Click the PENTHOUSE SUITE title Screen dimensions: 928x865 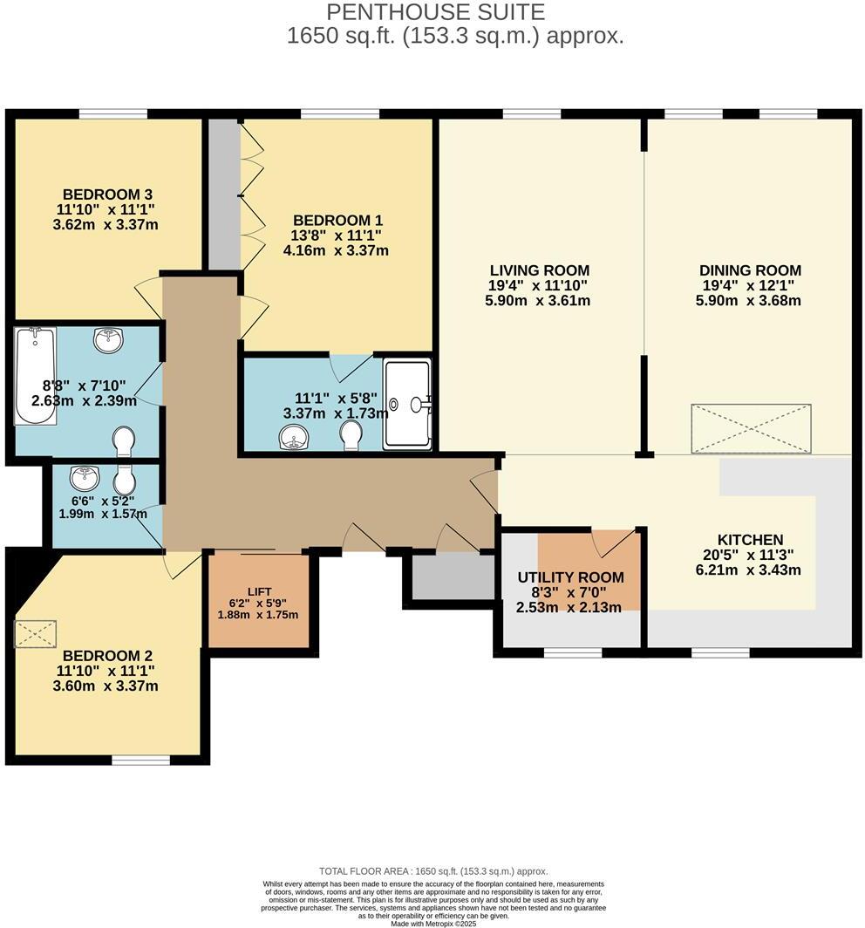(435, 12)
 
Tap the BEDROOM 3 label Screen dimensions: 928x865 (110, 194)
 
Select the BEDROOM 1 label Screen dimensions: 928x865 (337, 221)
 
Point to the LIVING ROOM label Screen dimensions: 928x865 (539, 270)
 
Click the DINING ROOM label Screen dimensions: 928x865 (749, 270)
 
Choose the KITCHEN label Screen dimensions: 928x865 (749, 540)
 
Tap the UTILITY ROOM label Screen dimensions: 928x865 (570, 577)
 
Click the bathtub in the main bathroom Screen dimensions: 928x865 (36, 376)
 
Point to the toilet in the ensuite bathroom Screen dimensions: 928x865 (351, 434)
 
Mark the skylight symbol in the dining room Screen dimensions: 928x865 (751, 428)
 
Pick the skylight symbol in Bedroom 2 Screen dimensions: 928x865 (36, 633)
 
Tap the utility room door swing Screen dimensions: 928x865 (608, 542)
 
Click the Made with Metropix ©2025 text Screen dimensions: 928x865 (433, 923)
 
